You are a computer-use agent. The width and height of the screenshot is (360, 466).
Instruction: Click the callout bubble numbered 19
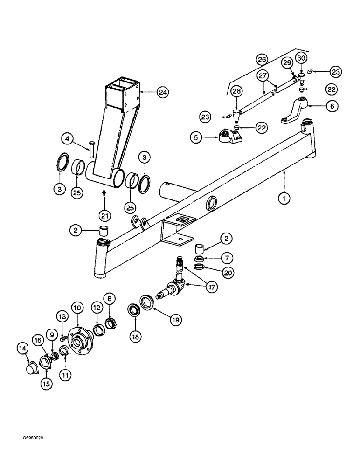point(176,320)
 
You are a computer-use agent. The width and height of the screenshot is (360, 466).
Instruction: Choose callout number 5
point(196,137)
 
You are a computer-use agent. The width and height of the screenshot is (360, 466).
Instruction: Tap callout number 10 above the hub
point(76,308)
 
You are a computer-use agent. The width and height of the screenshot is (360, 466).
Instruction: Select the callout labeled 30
point(300,58)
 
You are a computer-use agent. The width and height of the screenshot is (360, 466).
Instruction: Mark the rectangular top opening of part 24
point(122,87)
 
